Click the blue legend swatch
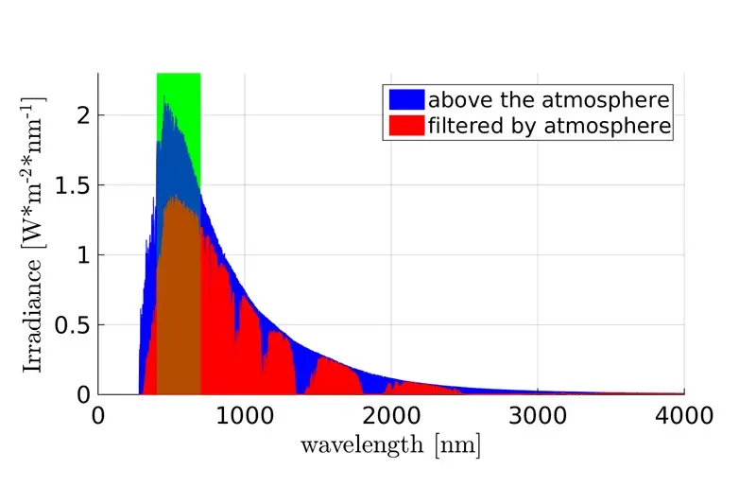click(406, 99)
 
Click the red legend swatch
click(406, 126)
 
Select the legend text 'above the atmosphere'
click(549, 100)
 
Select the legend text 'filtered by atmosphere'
click(549, 126)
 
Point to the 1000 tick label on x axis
click(245, 416)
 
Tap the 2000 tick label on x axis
click(391, 416)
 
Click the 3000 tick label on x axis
click(538, 416)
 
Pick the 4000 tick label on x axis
click(684, 416)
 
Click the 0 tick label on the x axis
click(98, 416)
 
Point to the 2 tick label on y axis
click(83, 115)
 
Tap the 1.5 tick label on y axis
click(73, 185)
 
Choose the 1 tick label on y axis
click(83, 254)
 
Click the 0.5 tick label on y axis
click(73, 325)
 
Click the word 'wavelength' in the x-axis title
click(362, 444)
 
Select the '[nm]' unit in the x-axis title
click(457, 444)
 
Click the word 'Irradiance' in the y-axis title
click(33, 316)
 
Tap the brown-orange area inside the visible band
click(178, 299)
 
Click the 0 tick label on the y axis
click(83, 395)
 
